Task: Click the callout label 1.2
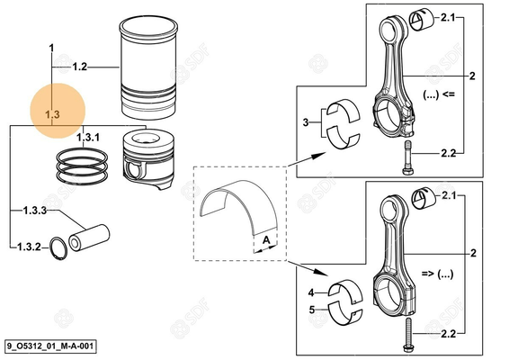(79, 67)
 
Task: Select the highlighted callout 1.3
(52, 114)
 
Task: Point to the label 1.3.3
(35, 211)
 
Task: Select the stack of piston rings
(83, 165)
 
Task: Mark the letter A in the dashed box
(266, 240)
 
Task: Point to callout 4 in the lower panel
(310, 292)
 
